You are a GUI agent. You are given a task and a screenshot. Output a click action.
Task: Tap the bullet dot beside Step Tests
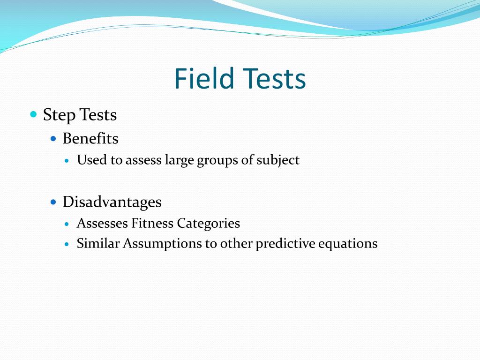33,114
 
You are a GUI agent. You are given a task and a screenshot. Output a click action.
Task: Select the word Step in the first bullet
59,115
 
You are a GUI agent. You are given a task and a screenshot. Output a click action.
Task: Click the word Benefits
90,139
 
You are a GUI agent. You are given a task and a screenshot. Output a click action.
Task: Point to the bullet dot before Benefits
53,139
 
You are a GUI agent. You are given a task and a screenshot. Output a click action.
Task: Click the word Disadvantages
112,202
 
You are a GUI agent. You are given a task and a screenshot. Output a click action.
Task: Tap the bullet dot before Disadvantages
53,202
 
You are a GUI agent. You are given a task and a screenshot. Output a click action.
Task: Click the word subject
278,160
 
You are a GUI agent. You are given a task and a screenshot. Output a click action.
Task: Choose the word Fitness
152,224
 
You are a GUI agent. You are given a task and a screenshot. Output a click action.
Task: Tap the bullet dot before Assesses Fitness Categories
67,224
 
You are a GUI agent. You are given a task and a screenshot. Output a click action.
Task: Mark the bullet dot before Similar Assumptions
67,244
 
